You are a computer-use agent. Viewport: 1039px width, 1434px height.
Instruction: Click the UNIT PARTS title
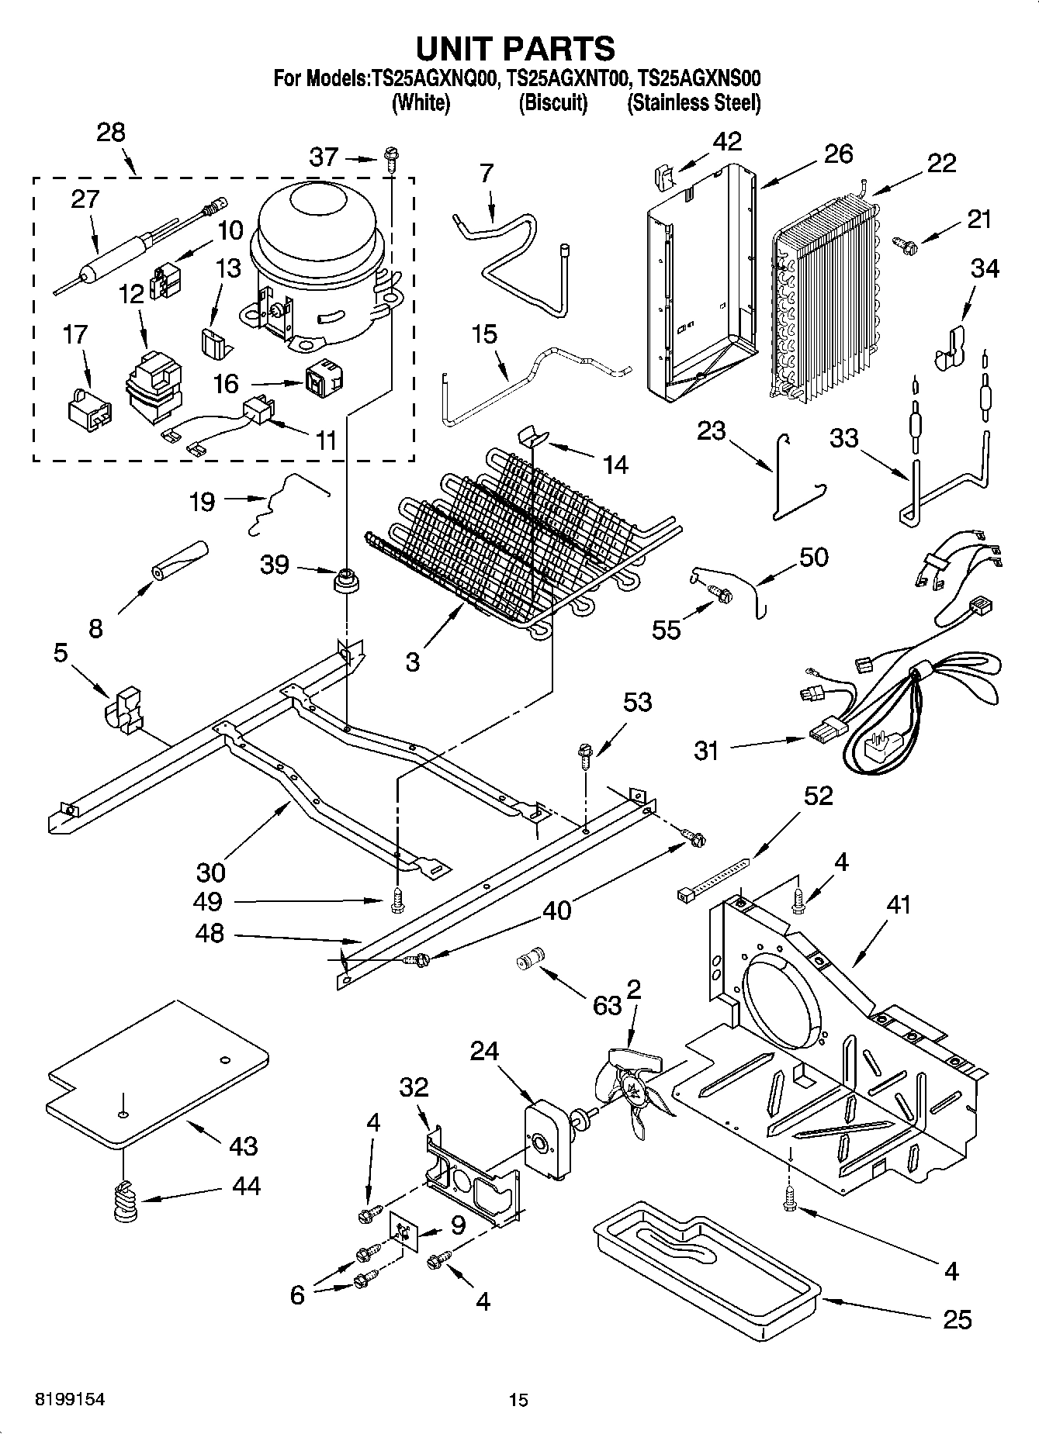(x=515, y=48)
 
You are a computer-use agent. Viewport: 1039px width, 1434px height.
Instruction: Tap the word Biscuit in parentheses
(x=552, y=102)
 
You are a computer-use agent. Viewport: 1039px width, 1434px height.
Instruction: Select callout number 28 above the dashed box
(x=111, y=133)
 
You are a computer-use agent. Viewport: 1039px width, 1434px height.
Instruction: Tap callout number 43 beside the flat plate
(x=243, y=1145)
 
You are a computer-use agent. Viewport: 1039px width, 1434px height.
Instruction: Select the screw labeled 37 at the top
(x=390, y=160)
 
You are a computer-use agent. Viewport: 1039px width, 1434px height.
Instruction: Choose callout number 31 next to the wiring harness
(x=706, y=750)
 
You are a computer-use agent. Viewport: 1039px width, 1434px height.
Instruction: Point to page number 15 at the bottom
(x=518, y=1400)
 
